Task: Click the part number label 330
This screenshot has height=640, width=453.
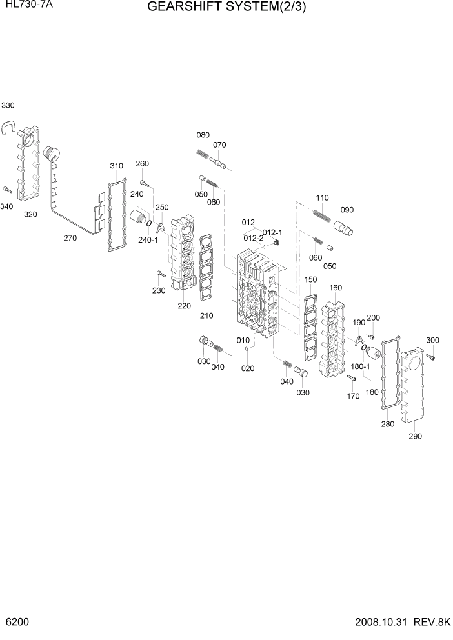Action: pyautogui.click(x=8, y=105)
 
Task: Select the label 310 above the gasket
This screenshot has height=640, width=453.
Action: pyautogui.click(x=116, y=166)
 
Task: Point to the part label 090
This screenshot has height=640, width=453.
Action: pyautogui.click(x=347, y=210)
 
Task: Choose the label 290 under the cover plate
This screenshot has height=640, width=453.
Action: pyautogui.click(x=415, y=436)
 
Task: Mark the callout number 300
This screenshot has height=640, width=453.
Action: pyautogui.click(x=432, y=340)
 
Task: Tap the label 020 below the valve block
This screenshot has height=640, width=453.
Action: pyautogui.click(x=247, y=368)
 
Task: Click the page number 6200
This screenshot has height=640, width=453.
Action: pyautogui.click(x=14, y=625)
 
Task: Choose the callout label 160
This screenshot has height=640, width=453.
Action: pyautogui.click(x=336, y=288)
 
